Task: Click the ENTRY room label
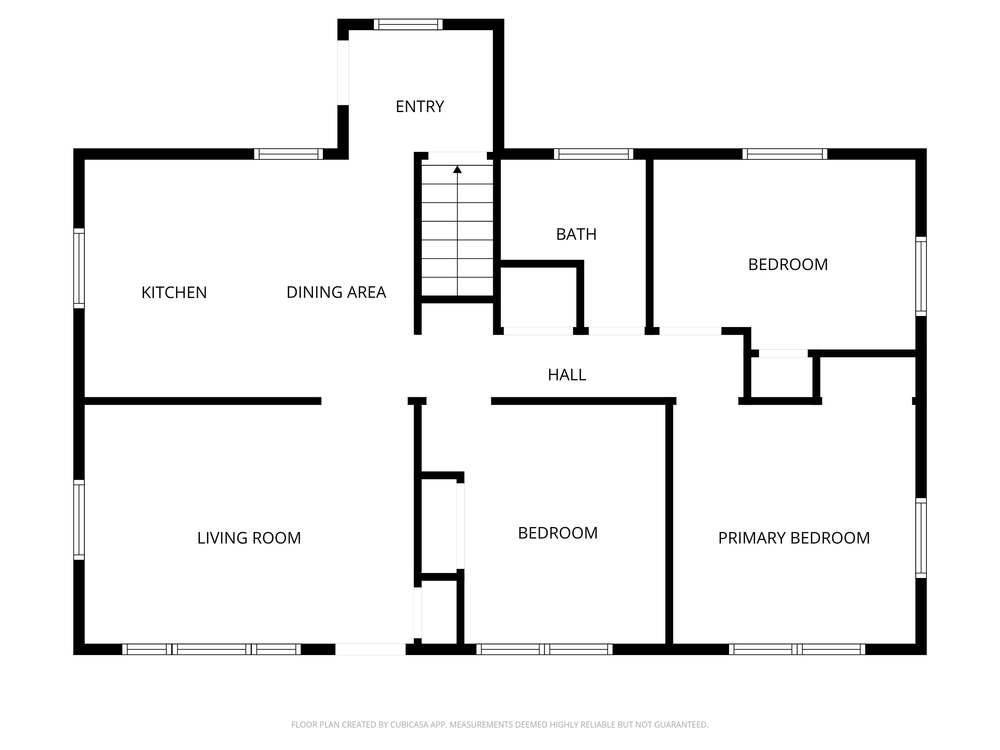pos(420,107)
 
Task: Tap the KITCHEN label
pos(174,293)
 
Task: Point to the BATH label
pos(576,234)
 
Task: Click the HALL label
pos(567,375)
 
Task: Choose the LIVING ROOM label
pos(249,538)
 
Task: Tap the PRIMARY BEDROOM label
pos(794,538)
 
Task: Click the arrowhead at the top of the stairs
pos(457,170)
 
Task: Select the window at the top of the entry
pos(408,24)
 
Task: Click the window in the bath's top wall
pos(593,154)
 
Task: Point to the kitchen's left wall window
pos(79,268)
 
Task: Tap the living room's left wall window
pos(79,520)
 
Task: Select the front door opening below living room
pos(370,649)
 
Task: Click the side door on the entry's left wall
pos(343,73)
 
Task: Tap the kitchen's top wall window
pos(288,154)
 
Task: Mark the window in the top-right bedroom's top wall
pos(785,154)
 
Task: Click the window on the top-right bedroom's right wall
pos(921,276)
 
